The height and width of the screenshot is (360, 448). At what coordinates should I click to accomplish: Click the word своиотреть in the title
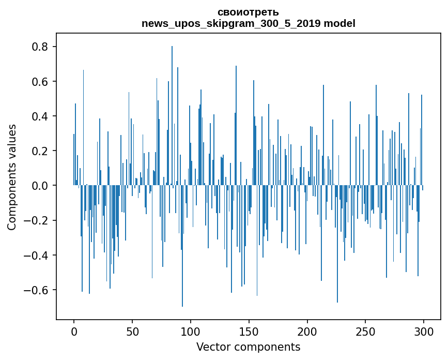pyautogui.click(x=248, y=12)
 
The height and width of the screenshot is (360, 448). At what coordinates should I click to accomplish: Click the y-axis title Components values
pyautogui.click(x=11, y=177)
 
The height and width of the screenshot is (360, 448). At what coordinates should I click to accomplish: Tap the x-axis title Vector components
pyautogui.click(x=248, y=347)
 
